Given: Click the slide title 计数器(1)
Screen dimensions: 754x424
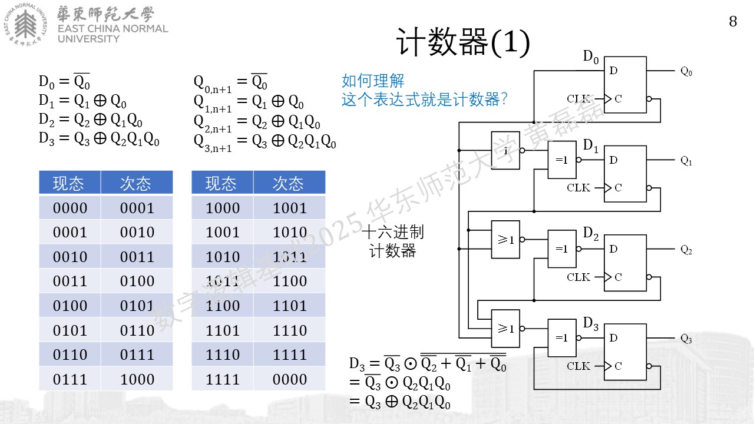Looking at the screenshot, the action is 463,42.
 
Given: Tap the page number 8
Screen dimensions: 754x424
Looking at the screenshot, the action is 733,22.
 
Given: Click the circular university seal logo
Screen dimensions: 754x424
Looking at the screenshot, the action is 25,25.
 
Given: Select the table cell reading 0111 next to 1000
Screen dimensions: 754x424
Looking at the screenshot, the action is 70,379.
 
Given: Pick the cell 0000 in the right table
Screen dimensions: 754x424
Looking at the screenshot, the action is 290,379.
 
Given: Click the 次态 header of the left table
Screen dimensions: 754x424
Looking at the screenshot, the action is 135,183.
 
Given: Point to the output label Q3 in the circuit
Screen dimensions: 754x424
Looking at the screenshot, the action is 686,338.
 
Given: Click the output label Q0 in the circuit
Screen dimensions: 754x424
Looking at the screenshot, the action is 686,71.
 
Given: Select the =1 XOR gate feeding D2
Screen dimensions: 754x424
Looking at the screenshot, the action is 562,249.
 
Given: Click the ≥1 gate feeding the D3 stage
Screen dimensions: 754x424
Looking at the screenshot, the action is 505,329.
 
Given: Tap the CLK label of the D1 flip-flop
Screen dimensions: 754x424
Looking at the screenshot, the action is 578,188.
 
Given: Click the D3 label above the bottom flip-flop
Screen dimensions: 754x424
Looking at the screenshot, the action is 591,324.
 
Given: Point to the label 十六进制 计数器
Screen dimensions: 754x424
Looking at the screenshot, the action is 392,241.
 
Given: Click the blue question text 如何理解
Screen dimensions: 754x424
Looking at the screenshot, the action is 373,81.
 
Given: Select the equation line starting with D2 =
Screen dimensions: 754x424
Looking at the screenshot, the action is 91,120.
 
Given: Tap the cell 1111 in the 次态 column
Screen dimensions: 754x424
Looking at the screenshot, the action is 290,355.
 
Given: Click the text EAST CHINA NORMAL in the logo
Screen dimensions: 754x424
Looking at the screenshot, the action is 113,29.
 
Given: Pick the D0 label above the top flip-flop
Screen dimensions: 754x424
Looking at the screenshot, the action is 591,57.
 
